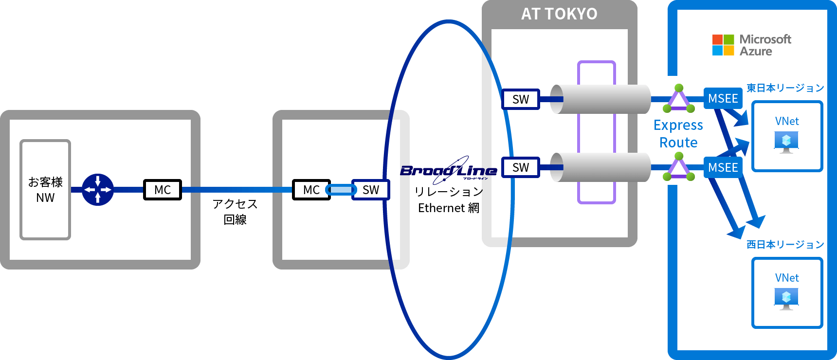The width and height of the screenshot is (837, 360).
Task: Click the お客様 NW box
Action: (45, 190)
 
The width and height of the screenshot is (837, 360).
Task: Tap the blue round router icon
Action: (98, 190)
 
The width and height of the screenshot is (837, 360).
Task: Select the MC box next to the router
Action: (163, 190)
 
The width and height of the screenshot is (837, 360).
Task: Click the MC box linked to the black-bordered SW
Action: (311, 190)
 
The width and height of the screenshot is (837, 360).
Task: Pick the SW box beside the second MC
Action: (371, 190)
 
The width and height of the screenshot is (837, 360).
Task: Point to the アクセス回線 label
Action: (235, 212)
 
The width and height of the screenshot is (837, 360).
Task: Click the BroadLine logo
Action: (448, 170)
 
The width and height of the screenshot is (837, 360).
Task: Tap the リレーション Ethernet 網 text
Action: (449, 199)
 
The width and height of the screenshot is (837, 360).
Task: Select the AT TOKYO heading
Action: (559, 14)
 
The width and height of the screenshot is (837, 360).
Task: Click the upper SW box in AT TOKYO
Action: (521, 99)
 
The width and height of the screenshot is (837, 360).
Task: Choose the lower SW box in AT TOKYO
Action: (521, 167)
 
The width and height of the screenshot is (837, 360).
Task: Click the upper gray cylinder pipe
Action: (600, 99)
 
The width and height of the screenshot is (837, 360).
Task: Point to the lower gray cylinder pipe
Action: (600, 167)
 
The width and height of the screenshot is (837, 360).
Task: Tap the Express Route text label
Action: (678, 134)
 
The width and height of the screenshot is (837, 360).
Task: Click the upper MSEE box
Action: (723, 99)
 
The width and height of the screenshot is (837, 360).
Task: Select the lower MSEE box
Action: (723, 168)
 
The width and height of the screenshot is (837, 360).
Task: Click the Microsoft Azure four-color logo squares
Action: (723, 45)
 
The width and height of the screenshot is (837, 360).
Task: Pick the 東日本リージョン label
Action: (785, 88)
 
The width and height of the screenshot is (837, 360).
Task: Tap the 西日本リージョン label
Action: (785, 245)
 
